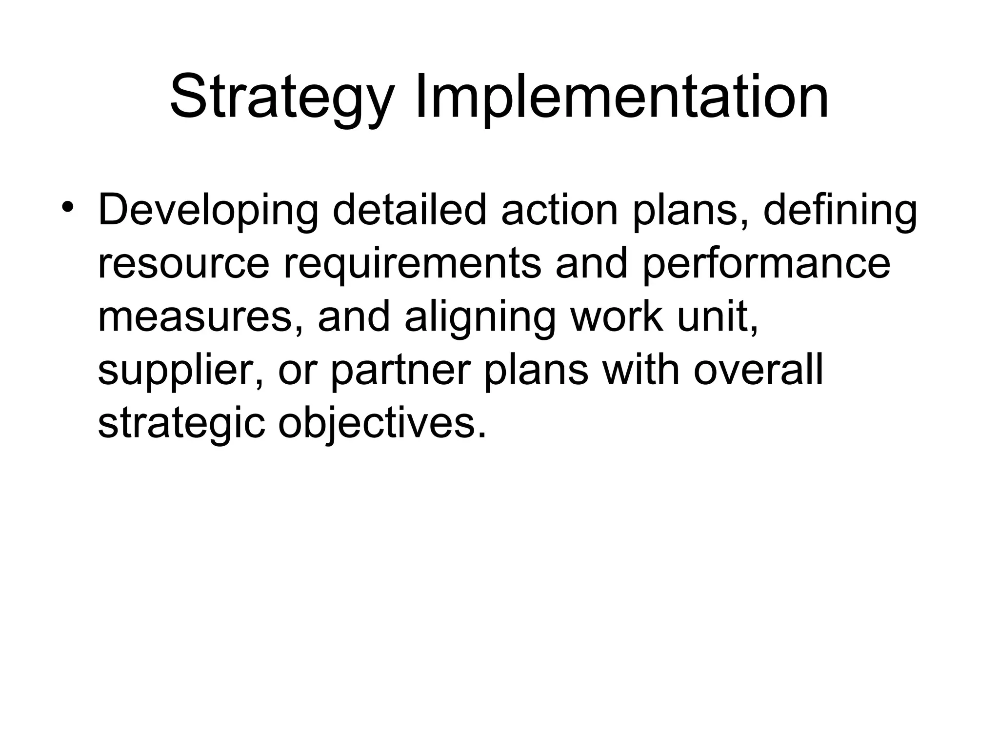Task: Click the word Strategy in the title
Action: coord(281,98)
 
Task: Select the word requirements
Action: coord(412,265)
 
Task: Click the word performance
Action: coord(766,265)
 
